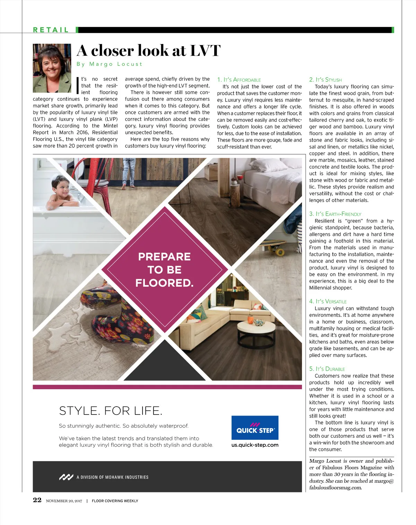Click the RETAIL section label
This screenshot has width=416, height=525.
coord(51,30)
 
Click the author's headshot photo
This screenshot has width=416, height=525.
coord(52,68)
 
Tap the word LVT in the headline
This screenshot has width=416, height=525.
coord(205,51)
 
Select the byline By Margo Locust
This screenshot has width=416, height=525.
coord(109,64)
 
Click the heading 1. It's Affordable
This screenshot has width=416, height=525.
coord(239,80)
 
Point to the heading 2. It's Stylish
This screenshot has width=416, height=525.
coord(325,80)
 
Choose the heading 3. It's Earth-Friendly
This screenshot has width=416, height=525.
coord(335,214)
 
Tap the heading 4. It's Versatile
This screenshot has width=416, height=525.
coord(328,301)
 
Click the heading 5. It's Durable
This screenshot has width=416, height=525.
coord(327,369)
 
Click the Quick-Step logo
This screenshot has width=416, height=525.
coord(255,428)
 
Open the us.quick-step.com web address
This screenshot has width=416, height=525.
coord(255,445)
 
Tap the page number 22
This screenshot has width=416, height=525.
coord(37,500)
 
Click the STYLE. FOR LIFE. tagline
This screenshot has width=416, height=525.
coord(111,411)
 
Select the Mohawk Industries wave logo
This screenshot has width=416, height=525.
coord(66,477)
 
